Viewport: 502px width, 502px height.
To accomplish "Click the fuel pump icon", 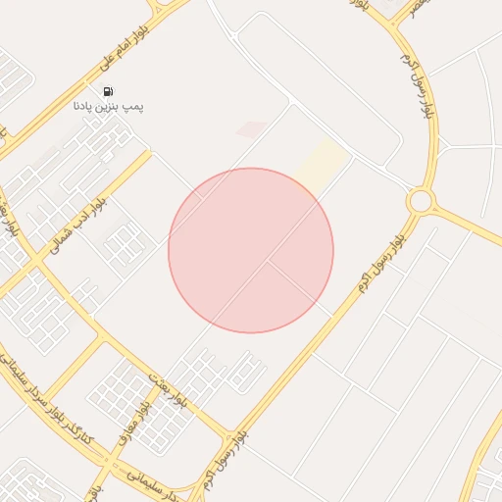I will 107,91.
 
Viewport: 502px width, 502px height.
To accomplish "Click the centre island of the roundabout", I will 421,201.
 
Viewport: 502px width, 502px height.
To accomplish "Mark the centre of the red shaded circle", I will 251,251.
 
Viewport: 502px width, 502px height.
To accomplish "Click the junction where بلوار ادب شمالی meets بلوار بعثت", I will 39,262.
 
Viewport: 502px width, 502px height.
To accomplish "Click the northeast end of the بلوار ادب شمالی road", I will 148,154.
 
